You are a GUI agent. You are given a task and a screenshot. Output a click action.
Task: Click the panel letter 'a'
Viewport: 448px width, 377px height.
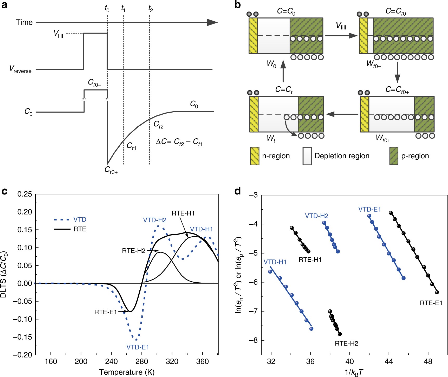[x=4, y=5]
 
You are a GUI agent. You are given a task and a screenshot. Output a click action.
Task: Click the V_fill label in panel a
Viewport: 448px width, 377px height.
[x=58, y=34]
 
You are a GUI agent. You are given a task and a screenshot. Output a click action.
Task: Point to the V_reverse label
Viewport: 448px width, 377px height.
[x=20, y=69]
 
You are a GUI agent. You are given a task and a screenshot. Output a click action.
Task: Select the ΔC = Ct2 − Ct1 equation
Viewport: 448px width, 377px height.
[x=179, y=142]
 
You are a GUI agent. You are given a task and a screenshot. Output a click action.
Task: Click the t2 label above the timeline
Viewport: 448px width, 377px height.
[x=150, y=9]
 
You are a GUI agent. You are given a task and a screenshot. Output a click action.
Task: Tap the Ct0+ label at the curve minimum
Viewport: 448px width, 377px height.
[x=111, y=170]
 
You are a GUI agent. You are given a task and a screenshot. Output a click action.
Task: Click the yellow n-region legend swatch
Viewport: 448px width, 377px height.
[x=255, y=156]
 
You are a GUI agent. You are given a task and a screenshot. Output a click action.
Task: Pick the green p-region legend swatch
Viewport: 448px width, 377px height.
[x=394, y=156]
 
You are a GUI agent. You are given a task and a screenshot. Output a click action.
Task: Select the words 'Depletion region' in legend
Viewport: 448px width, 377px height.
[x=342, y=156]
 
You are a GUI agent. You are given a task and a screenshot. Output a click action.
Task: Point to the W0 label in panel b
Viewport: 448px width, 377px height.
[x=271, y=64]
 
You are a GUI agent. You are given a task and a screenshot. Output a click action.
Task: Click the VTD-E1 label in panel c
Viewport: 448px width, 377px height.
[x=138, y=347]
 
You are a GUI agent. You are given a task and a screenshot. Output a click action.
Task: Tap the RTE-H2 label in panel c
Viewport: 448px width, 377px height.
[x=134, y=251]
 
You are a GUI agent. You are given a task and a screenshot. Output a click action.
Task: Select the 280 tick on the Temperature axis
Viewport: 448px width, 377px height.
[x=142, y=362]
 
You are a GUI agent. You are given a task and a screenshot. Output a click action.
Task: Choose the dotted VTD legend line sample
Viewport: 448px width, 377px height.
[x=62, y=220]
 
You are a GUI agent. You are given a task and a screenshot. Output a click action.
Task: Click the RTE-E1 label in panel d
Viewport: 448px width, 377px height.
[x=431, y=303]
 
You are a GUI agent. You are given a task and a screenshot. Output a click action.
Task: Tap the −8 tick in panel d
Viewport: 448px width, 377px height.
[x=253, y=340]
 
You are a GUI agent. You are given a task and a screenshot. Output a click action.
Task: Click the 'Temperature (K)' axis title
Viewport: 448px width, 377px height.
[x=127, y=372]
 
